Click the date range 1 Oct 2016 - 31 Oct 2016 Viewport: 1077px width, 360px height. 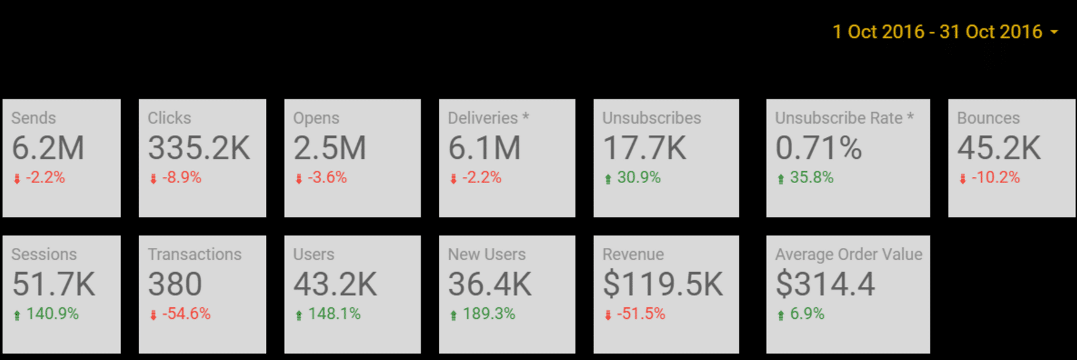pyautogui.click(x=937, y=32)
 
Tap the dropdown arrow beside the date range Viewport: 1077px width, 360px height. pyautogui.click(x=1054, y=32)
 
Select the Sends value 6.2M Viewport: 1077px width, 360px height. pyautogui.click(x=48, y=148)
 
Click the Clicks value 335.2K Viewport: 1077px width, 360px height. pyautogui.click(x=199, y=148)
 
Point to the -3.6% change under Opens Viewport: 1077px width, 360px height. pyautogui.click(x=327, y=178)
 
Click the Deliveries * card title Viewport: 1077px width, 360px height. pyautogui.click(x=488, y=118)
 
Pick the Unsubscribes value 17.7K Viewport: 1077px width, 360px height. pyautogui.click(x=644, y=148)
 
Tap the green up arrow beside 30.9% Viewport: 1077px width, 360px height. pyautogui.click(x=608, y=179)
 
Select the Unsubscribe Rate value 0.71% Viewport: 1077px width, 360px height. pyautogui.click(x=818, y=148)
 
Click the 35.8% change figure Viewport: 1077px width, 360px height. pyautogui.click(x=812, y=178)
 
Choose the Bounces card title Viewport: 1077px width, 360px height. pyautogui.click(x=988, y=118)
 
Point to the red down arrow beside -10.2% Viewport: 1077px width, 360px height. pyautogui.click(x=962, y=179)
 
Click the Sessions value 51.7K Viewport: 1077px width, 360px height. pyautogui.click(x=54, y=284)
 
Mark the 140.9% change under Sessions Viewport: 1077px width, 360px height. pyautogui.click(x=52, y=314)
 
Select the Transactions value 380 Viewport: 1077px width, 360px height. pyautogui.click(x=175, y=284)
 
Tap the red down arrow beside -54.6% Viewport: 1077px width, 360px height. pyautogui.click(x=153, y=315)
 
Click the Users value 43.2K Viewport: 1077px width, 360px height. pyautogui.click(x=335, y=284)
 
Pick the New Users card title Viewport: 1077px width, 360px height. pyautogui.click(x=487, y=255)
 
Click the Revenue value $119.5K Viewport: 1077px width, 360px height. pyautogui.click(x=662, y=284)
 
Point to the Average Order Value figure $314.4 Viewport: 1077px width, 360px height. pyautogui.click(x=825, y=284)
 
